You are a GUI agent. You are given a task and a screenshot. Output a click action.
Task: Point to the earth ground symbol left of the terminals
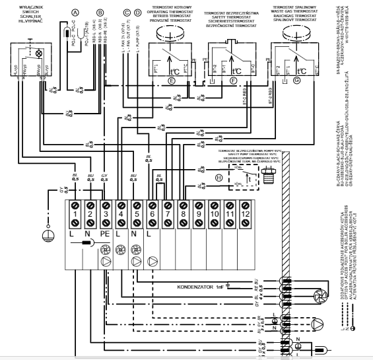(x=46, y=236)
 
